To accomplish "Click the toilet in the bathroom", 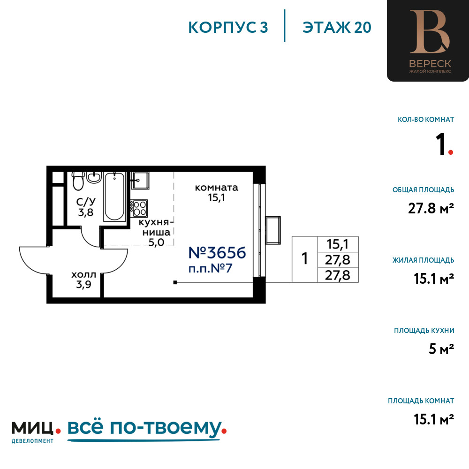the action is pyautogui.click(x=78, y=181).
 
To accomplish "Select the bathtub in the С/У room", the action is pyautogui.click(x=114, y=197).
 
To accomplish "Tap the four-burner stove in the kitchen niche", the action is pyautogui.click(x=139, y=208).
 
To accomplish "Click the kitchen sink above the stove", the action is pyautogui.click(x=140, y=181).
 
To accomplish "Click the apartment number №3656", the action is pyautogui.click(x=217, y=253).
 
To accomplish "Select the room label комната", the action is pyautogui.click(x=217, y=188).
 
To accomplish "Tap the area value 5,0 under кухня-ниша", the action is pyautogui.click(x=157, y=242).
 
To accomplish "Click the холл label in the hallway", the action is pyautogui.click(x=84, y=274).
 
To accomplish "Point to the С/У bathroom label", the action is pyautogui.click(x=86, y=202).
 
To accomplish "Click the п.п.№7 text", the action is pyautogui.click(x=210, y=268).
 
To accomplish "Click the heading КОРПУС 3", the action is pyautogui.click(x=228, y=28).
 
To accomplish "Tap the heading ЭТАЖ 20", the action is pyautogui.click(x=337, y=28).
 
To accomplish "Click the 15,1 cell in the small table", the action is pyautogui.click(x=338, y=244).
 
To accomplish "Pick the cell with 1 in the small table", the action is pyautogui.click(x=305, y=259).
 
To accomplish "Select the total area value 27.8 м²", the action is pyautogui.click(x=431, y=208).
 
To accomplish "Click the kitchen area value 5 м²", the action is pyautogui.click(x=441, y=349).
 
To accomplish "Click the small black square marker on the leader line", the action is pyautogui.click(x=175, y=282).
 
